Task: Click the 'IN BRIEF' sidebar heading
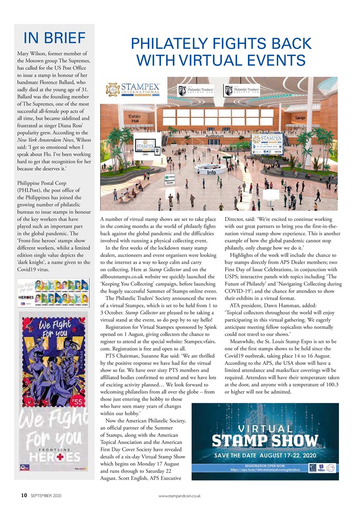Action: (x=54, y=38)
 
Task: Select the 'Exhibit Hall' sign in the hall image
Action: (x=135, y=118)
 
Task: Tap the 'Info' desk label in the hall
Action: (x=211, y=173)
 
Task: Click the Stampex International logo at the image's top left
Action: (x=133, y=89)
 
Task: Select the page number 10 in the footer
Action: (x=24, y=495)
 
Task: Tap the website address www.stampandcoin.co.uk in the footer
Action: (x=180, y=496)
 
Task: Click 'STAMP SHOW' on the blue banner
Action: (x=265, y=441)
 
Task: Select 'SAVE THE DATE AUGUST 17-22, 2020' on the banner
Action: (x=265, y=455)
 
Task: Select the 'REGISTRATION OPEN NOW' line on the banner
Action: (x=265, y=464)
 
